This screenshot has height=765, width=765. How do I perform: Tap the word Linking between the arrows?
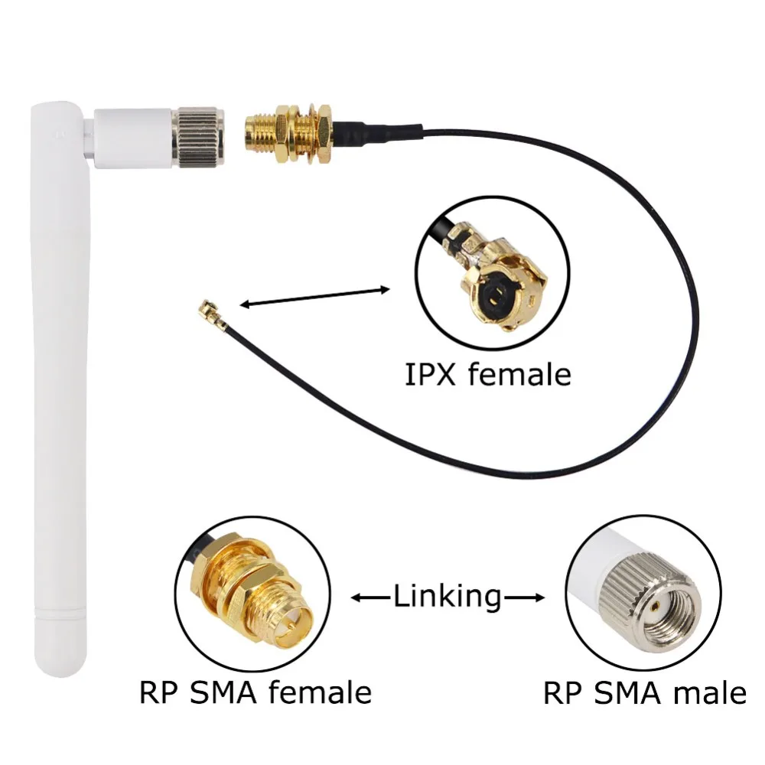tap(448, 595)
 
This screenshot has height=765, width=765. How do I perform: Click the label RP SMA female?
tap(256, 692)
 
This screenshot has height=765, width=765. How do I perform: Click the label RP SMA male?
tap(644, 693)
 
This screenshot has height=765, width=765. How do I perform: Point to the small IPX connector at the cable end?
tap(207, 311)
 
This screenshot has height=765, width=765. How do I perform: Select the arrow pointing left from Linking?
tap(371, 596)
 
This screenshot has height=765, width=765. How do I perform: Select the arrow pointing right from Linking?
tap(525, 596)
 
